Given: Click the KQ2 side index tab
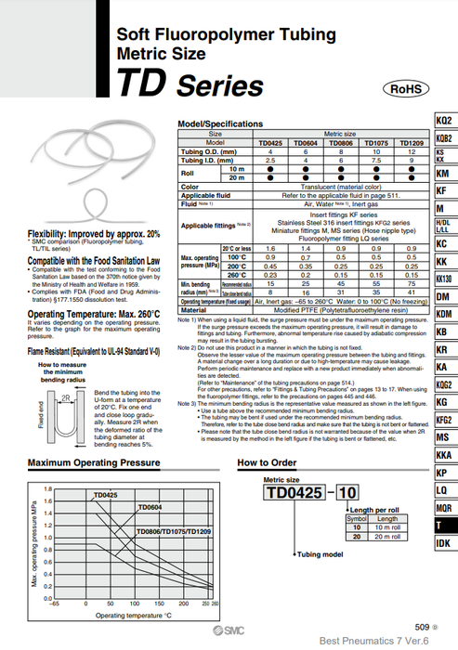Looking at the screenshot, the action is click(x=444, y=121).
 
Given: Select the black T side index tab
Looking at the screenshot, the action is click(x=444, y=525).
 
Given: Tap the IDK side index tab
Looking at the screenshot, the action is click(x=444, y=543).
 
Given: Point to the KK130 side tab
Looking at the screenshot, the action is click(x=444, y=279).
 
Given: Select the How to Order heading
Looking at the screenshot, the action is click(x=267, y=461).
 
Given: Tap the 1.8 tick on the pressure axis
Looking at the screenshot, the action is click(x=49, y=488).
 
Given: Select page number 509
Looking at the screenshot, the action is click(x=423, y=626).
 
